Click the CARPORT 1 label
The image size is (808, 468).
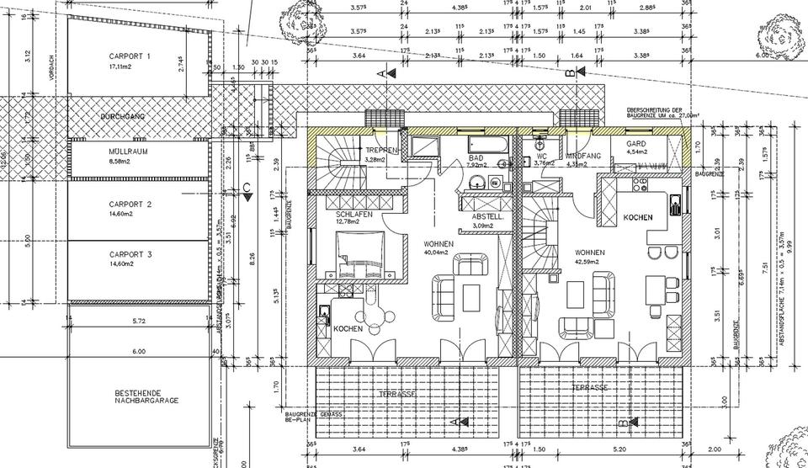tap(130, 56)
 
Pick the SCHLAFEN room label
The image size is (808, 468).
tap(353, 214)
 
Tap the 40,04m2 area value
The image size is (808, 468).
tap(439, 252)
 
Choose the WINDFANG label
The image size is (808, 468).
tap(582, 157)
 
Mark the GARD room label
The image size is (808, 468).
tap(635, 144)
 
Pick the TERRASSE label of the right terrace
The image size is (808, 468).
tap(590, 387)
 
